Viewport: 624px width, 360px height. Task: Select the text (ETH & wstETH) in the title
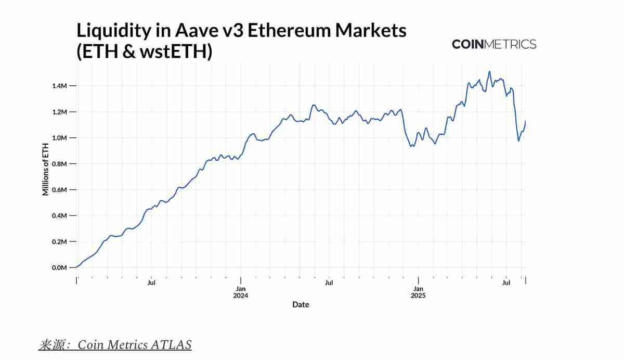click(145, 52)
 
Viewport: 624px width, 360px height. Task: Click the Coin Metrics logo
click(494, 44)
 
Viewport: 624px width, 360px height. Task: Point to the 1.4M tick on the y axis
click(60, 86)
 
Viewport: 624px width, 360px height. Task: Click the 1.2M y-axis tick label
click(60, 112)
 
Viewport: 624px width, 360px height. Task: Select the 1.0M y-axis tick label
click(60, 138)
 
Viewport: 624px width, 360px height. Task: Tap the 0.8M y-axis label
click(60, 164)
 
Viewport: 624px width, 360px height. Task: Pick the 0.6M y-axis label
click(60, 190)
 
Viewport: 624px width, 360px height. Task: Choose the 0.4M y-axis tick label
click(60, 216)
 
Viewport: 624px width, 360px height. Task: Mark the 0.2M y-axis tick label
click(60, 242)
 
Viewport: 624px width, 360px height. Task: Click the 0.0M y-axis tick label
click(60, 268)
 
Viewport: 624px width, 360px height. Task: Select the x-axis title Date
click(301, 305)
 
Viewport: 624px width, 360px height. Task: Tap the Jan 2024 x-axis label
click(241, 292)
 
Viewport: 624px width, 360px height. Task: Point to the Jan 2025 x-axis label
click(418, 292)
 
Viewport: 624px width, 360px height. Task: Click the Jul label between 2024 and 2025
click(329, 283)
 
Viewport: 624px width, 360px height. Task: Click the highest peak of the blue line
click(489, 71)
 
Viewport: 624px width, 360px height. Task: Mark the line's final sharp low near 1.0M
click(518, 141)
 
